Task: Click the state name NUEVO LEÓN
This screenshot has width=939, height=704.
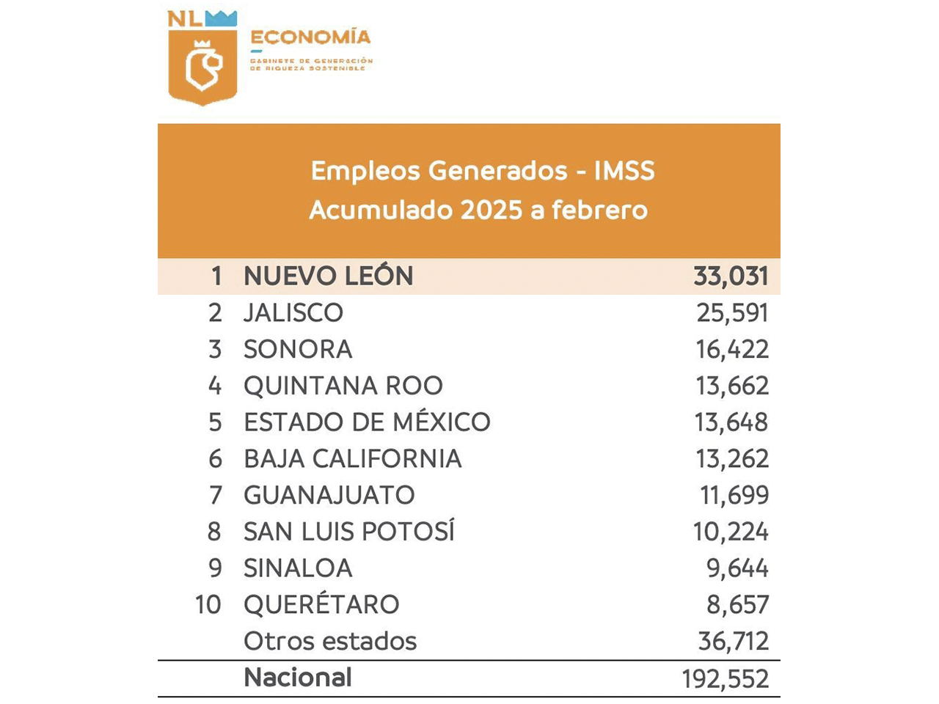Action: coord(328,276)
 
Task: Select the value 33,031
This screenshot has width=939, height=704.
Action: coord(731,276)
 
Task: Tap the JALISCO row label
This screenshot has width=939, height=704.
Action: coord(293,313)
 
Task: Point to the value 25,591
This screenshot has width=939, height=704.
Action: coord(732,313)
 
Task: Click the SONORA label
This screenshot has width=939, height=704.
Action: coord(298,350)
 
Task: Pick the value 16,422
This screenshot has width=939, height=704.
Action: coord(732,350)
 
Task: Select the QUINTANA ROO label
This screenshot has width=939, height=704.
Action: coord(343,386)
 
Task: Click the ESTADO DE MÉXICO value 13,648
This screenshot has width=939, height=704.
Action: coord(731,422)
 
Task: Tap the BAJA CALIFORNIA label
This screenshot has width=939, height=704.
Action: coord(352,459)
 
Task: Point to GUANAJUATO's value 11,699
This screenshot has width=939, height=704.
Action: coord(734,496)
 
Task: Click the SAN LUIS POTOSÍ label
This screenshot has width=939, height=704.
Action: coord(349,532)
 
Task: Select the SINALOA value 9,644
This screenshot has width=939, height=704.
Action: coord(737,568)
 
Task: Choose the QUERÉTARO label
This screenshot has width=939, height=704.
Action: coord(321,605)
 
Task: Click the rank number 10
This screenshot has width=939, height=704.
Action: coord(208,605)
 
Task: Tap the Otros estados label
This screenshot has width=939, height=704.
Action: coord(330,642)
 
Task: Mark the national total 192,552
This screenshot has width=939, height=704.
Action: coord(725,679)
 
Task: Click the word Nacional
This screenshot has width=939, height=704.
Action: coord(298,678)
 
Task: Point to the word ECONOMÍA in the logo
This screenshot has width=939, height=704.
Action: coord(310,37)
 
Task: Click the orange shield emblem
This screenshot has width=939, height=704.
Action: coord(202,66)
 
